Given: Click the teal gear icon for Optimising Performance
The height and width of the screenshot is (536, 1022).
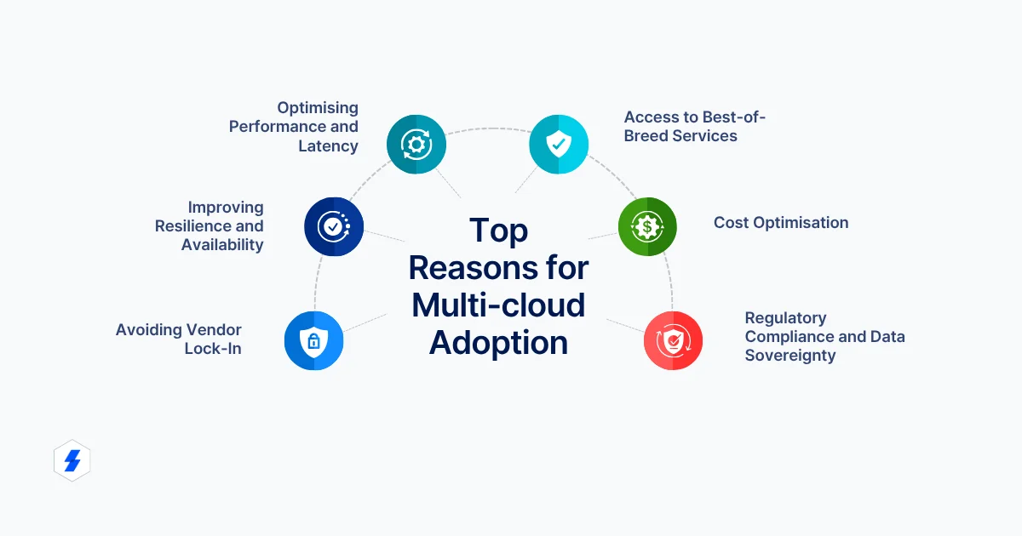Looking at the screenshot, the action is click(x=416, y=145).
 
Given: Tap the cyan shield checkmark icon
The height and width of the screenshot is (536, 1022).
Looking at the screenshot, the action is click(x=559, y=145).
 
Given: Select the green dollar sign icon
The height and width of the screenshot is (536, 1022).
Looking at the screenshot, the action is click(x=647, y=226).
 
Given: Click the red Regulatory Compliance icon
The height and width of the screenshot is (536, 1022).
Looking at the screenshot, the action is click(x=673, y=340).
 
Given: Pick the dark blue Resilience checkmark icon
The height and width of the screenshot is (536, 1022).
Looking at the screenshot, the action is click(x=334, y=226).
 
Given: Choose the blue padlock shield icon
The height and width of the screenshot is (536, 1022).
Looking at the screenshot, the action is click(x=313, y=341).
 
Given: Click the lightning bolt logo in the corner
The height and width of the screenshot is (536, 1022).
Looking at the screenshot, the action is click(x=72, y=461).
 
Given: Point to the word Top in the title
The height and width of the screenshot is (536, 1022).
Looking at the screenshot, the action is click(x=498, y=231).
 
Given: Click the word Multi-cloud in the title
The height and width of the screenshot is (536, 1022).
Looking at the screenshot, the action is click(x=498, y=305).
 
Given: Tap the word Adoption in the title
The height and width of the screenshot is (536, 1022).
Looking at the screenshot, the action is click(x=498, y=343).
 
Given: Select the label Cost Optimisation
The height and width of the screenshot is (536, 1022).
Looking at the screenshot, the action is click(x=781, y=223).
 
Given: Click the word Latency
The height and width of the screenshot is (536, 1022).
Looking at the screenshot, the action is click(x=328, y=146).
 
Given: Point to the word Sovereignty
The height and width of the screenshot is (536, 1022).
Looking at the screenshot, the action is click(x=790, y=356).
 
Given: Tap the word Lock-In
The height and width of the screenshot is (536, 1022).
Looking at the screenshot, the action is click(x=213, y=349).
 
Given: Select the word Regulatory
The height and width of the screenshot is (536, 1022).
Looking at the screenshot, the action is click(x=785, y=318).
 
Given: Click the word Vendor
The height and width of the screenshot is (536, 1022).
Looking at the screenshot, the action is click(x=214, y=330).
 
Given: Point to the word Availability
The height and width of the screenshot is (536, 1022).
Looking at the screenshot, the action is click(x=222, y=245).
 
